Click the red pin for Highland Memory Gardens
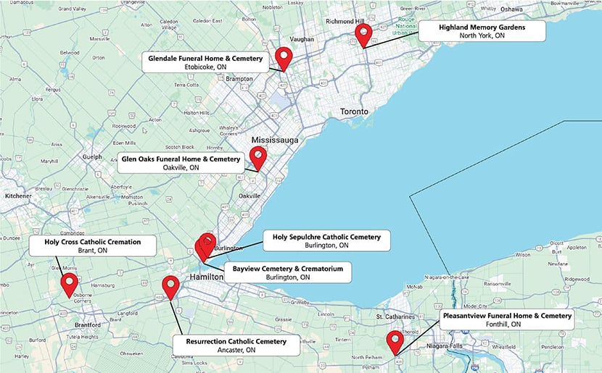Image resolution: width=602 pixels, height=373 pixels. tap(363, 33)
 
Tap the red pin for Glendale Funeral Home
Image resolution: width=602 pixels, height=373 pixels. tap(283, 57)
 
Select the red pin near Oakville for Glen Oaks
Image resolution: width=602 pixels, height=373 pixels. tap(257, 156)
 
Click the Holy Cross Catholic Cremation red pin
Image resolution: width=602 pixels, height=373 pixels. tap(70, 283)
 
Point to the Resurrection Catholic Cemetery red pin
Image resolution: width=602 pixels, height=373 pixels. tap(170, 286)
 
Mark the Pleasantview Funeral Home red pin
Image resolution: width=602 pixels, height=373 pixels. tap(395, 340)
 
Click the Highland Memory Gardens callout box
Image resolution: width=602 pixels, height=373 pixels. tap(482, 30)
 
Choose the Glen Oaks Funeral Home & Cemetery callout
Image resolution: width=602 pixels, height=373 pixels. tap(181, 163)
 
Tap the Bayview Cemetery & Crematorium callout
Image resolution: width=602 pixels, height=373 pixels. tap(288, 272)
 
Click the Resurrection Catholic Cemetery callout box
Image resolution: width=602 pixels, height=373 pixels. tap(236, 345)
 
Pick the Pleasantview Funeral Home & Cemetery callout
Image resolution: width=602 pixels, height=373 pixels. tap(507, 319)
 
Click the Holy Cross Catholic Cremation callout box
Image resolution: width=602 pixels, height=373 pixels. tap(92, 246)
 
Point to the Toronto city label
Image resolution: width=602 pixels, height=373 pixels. tap(355, 112)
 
